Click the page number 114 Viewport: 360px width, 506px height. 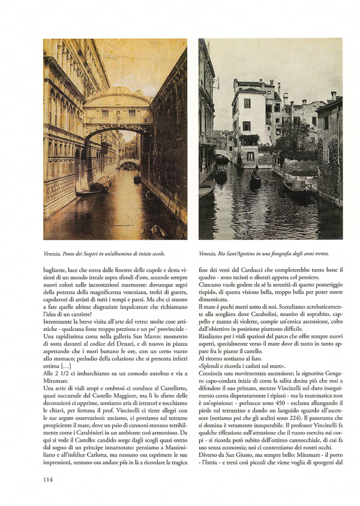pyautogui.click(x=50, y=479)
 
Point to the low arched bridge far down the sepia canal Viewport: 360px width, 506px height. pyautogui.click(x=129, y=162)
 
